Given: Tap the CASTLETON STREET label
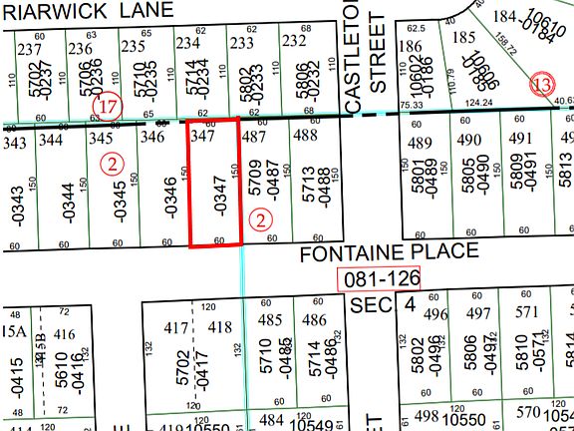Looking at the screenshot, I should click(364, 54).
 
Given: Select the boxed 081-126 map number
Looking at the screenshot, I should click(378, 278).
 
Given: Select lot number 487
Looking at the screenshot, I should click(254, 135).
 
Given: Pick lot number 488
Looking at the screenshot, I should click(306, 135).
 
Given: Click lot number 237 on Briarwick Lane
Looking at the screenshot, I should click(29, 49).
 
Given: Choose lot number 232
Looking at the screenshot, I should click(293, 41).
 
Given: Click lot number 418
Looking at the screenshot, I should click(219, 327).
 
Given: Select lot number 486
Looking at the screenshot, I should click(314, 320).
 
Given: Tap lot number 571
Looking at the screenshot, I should click(527, 314).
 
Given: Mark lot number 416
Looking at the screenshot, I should click(65, 334).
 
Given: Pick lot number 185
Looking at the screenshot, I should click(463, 39).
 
